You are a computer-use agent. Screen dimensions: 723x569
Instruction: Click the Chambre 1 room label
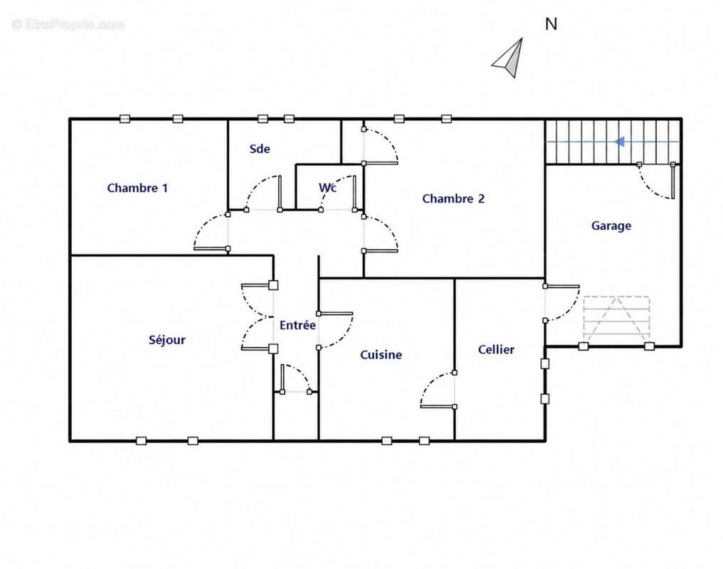(x=137, y=188)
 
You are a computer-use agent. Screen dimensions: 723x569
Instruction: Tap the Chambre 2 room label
(x=453, y=198)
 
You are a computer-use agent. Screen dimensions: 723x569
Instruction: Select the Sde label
(x=260, y=149)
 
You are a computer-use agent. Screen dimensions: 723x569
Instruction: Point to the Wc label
(x=327, y=188)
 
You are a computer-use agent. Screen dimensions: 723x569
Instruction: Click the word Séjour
(x=167, y=340)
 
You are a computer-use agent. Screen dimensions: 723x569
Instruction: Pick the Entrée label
(x=297, y=325)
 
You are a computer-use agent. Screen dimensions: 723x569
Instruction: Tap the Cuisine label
(x=381, y=355)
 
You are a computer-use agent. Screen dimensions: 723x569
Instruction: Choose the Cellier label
(x=496, y=350)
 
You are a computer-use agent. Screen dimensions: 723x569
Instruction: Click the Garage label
(x=611, y=226)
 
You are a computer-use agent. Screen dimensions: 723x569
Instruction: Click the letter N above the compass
(x=551, y=24)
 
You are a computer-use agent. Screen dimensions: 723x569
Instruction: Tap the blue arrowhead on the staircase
(x=620, y=142)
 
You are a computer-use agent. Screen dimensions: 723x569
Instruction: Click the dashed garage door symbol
(x=616, y=319)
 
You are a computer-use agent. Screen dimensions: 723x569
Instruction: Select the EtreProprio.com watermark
(x=68, y=24)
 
